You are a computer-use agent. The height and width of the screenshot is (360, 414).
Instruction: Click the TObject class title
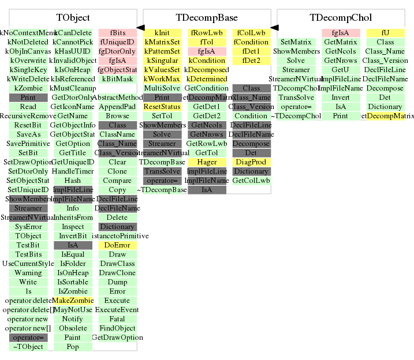[x=73, y=18]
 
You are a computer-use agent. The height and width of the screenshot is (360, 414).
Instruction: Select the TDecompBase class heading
[x=207, y=18]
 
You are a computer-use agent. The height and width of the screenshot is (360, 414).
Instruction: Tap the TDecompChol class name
[x=341, y=18]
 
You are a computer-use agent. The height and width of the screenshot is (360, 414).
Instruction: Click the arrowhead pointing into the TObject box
[x=140, y=27]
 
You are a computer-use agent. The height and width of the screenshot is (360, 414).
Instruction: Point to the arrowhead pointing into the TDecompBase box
[x=274, y=27]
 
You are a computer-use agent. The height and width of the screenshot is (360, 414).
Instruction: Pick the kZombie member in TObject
[x=28, y=88]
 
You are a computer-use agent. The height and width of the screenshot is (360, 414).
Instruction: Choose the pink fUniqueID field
[x=117, y=42]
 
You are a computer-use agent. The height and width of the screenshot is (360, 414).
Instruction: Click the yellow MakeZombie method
[x=73, y=301]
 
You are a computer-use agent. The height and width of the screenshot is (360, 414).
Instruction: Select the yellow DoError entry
[x=117, y=245]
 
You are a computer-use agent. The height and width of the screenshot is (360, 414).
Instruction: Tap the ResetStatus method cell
[x=162, y=107]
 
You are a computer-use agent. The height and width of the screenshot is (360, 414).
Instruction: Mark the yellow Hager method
[x=207, y=162]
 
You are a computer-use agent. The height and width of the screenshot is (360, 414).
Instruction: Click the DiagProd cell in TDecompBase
[x=251, y=162]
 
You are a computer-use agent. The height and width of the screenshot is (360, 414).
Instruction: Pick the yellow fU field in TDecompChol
[x=385, y=33]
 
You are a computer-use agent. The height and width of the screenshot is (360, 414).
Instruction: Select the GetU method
[x=341, y=70]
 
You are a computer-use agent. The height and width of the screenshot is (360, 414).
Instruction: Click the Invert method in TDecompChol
[x=341, y=97]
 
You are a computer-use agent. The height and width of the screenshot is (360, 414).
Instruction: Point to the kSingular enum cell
[x=162, y=61]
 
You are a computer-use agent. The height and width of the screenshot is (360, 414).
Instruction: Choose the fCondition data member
[x=251, y=42]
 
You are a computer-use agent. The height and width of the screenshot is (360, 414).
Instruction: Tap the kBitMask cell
[x=117, y=79]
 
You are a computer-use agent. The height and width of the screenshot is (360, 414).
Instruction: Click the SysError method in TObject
[x=28, y=227]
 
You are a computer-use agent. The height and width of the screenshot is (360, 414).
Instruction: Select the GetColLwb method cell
[x=251, y=181]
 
